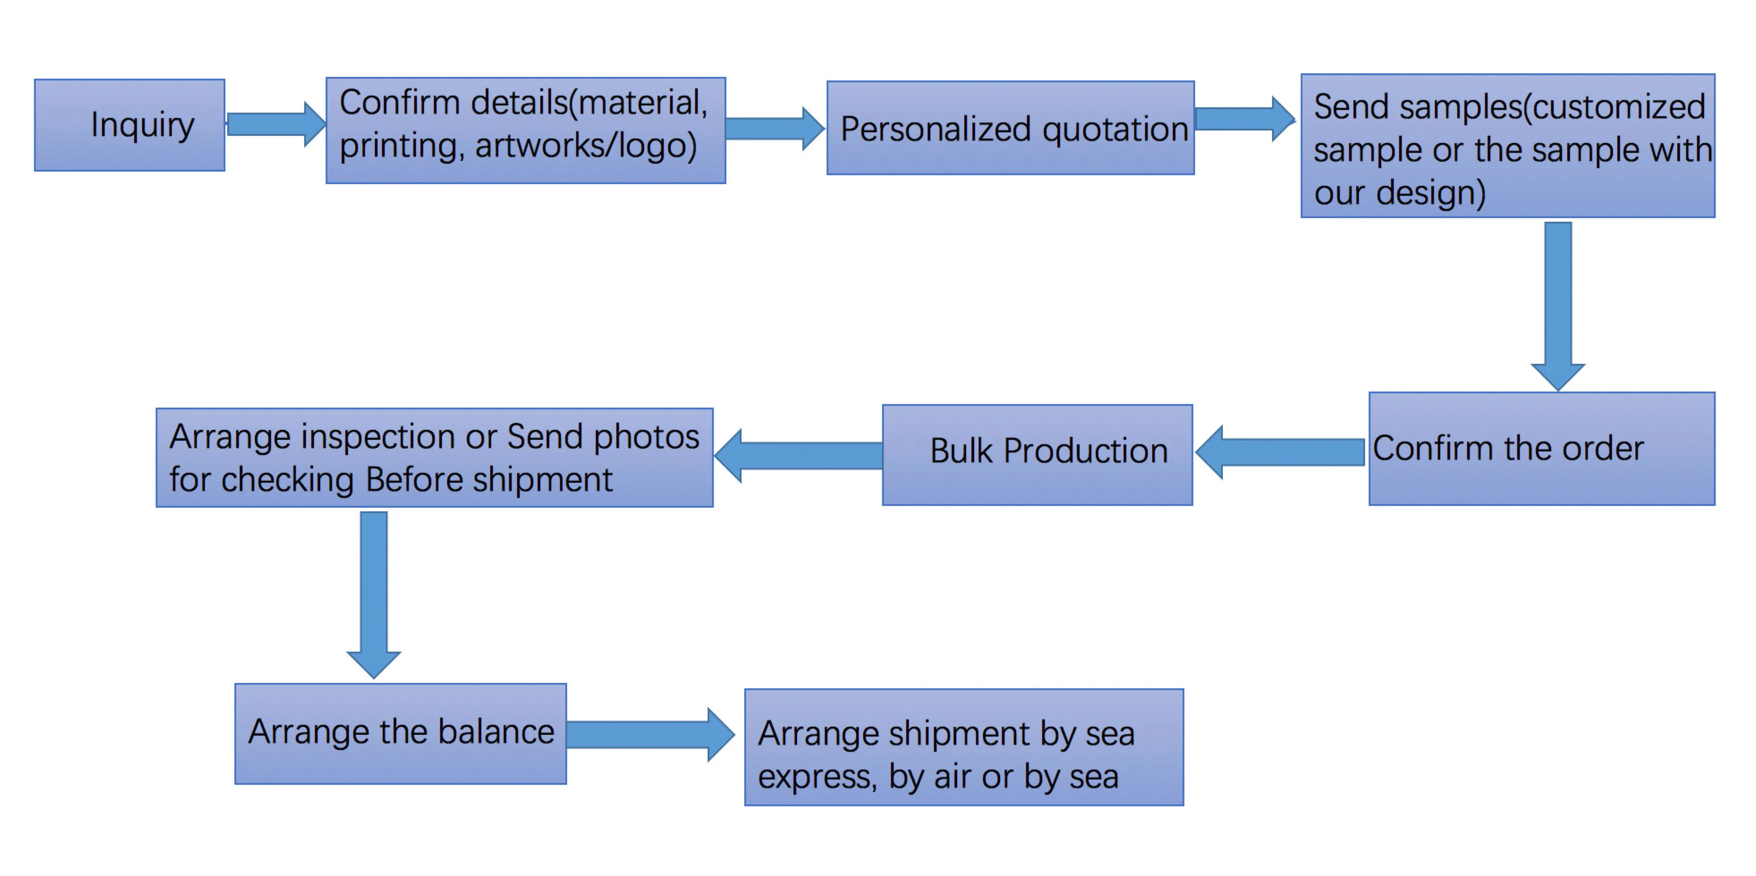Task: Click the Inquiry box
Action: tap(130, 125)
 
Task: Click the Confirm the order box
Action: tap(1541, 449)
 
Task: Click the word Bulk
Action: tap(961, 451)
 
